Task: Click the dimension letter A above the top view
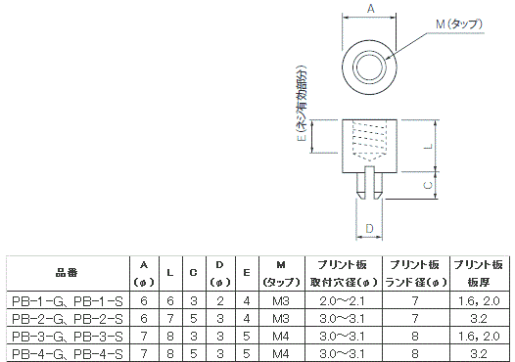(x=370, y=8)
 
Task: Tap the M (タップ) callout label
(x=459, y=23)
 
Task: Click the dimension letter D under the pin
(x=369, y=228)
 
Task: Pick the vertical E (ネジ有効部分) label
(x=302, y=104)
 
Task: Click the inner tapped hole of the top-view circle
(x=369, y=67)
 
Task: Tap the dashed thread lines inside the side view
(x=369, y=141)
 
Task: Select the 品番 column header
(x=67, y=272)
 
